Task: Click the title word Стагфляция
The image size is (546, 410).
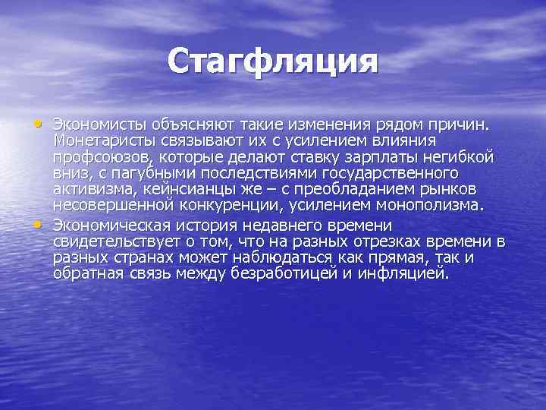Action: point(272,61)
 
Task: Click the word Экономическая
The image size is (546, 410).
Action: point(113,225)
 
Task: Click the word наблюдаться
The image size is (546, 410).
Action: point(278,259)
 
